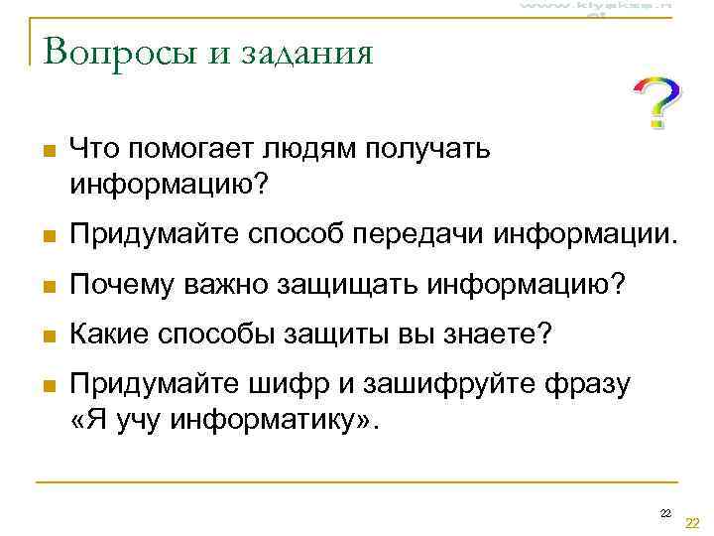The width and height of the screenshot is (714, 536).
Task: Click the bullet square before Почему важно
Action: pyautogui.click(x=41, y=289)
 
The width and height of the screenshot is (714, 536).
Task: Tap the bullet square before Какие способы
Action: pyautogui.click(x=41, y=337)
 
